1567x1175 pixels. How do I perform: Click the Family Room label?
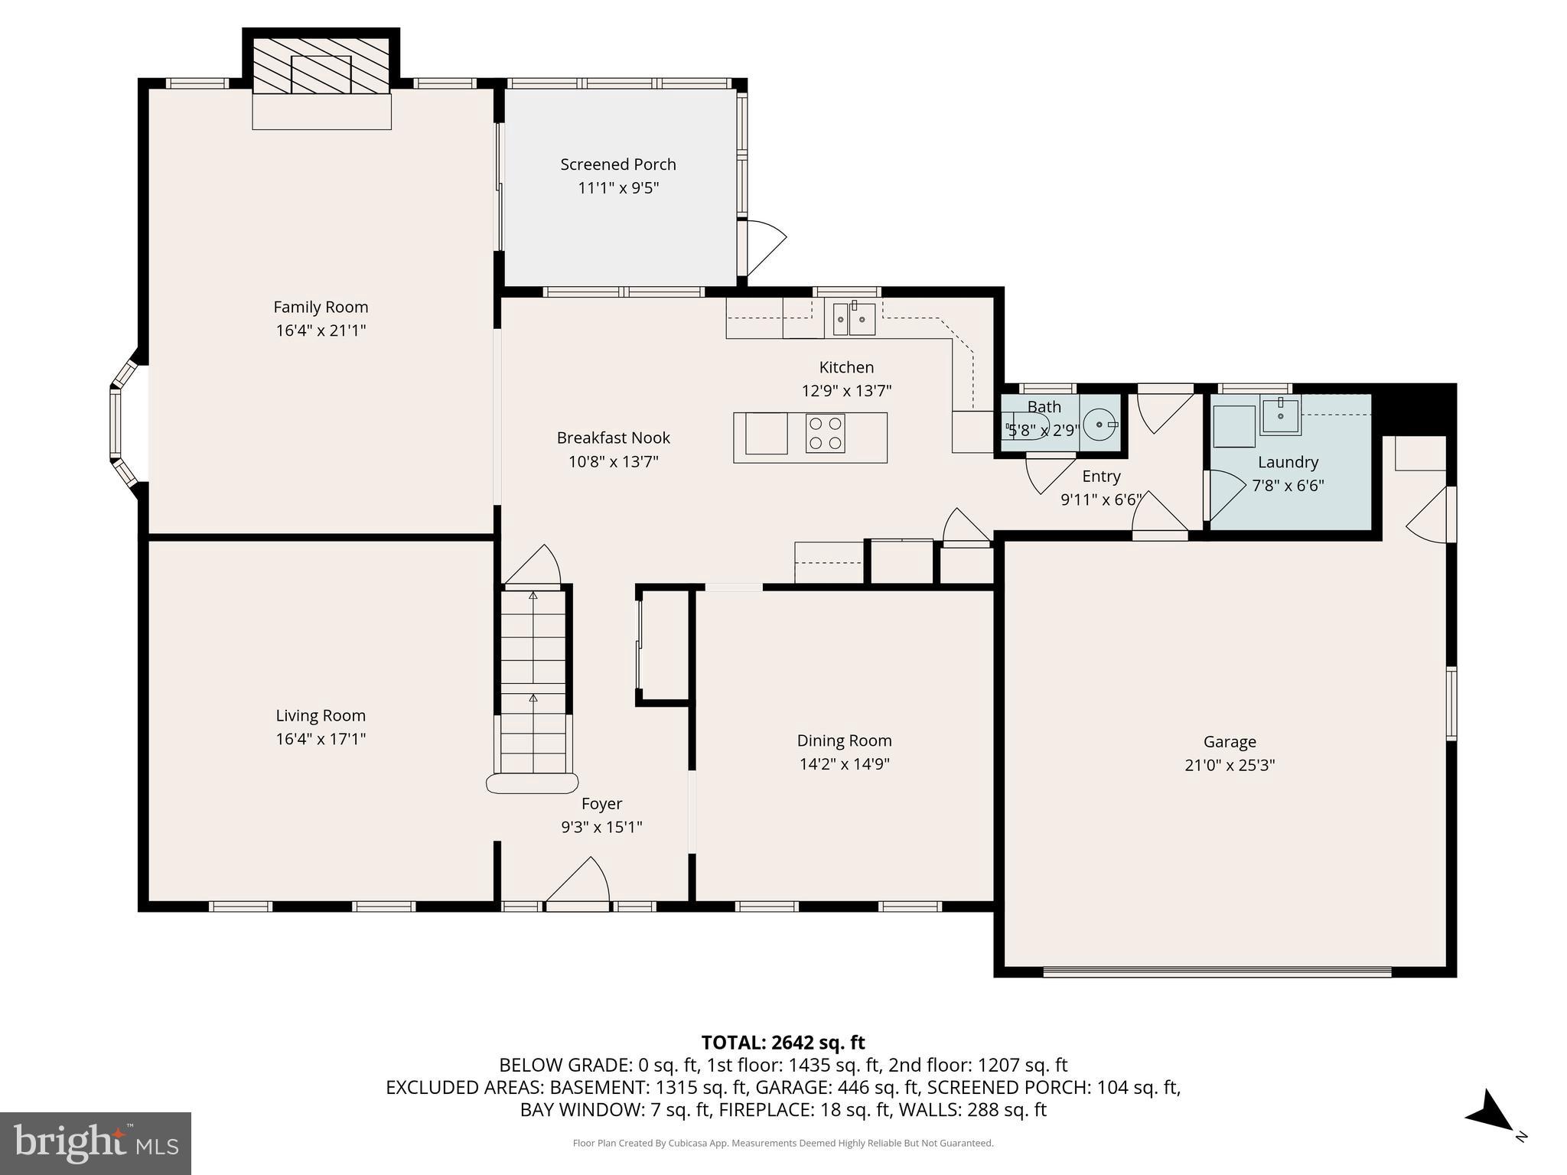coord(321,307)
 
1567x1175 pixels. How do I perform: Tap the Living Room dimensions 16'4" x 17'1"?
coord(321,739)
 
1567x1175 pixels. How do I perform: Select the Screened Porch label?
coord(617,164)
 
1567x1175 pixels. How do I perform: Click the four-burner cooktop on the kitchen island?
coord(825,433)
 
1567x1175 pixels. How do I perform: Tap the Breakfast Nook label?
coord(613,438)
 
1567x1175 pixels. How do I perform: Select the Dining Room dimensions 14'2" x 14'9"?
coord(844,763)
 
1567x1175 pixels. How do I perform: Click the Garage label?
coord(1229,741)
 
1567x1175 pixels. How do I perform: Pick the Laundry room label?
coord(1288,462)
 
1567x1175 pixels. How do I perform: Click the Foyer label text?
coord(601,803)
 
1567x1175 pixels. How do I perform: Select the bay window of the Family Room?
coord(122,424)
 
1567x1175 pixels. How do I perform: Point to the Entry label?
coord(1101,476)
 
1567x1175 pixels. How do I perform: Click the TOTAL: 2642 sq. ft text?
coord(783,1043)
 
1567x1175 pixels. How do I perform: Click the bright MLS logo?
coord(95,1143)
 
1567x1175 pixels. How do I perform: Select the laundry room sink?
coord(1280,415)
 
